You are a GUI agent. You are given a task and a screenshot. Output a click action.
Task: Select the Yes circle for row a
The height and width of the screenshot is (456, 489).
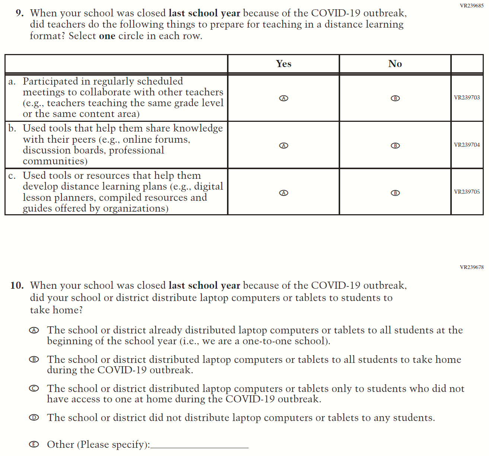pyautogui.click(x=284, y=98)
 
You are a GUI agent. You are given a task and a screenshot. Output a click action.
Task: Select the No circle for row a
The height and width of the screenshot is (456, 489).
pyautogui.click(x=395, y=98)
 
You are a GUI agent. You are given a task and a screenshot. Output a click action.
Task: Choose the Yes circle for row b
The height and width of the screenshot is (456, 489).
pyautogui.click(x=284, y=146)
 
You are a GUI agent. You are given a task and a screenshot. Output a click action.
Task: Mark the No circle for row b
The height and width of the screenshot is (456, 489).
pyautogui.click(x=395, y=146)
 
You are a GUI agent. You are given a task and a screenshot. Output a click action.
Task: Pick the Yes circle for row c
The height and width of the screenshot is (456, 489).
pyautogui.click(x=284, y=193)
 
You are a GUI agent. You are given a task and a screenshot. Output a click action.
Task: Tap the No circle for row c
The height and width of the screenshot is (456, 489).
pyautogui.click(x=395, y=193)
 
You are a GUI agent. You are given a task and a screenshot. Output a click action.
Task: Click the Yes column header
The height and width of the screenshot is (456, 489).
pyautogui.click(x=284, y=64)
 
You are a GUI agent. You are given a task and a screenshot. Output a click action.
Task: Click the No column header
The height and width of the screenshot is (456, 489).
pyautogui.click(x=395, y=64)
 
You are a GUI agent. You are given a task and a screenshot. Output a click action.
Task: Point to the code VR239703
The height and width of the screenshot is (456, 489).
pyautogui.click(x=467, y=98)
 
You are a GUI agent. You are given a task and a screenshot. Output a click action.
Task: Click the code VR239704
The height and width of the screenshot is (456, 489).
pyautogui.click(x=467, y=145)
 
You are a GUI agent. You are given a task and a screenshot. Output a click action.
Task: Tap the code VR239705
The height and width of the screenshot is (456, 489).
pyautogui.click(x=467, y=192)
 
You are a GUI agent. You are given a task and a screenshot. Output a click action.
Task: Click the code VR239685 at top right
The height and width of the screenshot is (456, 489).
pyautogui.click(x=472, y=6)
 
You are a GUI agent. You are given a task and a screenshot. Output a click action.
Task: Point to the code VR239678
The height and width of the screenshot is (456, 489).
pyautogui.click(x=472, y=267)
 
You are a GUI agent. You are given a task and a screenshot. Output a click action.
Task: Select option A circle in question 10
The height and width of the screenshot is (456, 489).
pyautogui.click(x=34, y=330)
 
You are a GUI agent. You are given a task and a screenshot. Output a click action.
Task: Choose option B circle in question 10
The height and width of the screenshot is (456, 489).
pyautogui.click(x=34, y=360)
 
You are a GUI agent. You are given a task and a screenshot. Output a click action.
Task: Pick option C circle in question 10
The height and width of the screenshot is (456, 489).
pyautogui.click(x=34, y=389)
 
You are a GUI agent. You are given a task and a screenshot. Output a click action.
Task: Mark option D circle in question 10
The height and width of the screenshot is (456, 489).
pyautogui.click(x=34, y=418)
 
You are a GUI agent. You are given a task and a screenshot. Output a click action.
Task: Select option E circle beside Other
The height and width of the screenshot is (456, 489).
pyautogui.click(x=34, y=444)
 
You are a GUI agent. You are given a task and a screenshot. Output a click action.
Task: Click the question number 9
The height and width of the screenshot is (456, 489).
pyautogui.click(x=20, y=13)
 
